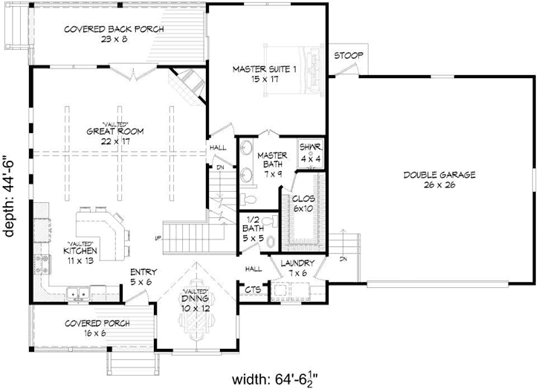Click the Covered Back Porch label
114,34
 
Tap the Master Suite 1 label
254,74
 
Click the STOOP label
346,56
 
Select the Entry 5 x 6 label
142,277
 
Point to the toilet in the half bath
269,240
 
